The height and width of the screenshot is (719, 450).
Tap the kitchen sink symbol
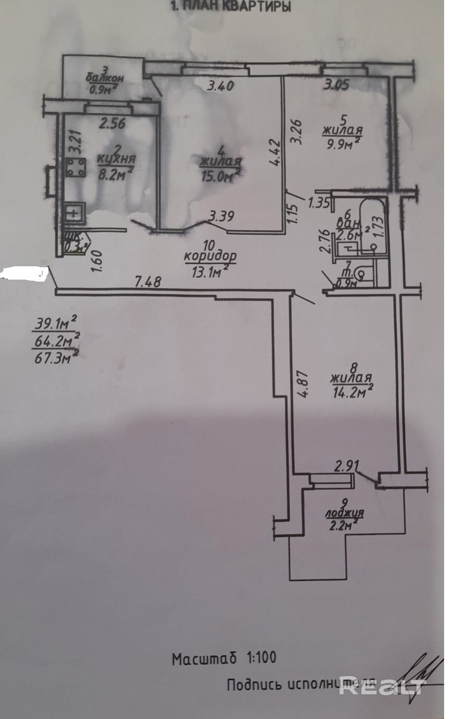pos(74,214)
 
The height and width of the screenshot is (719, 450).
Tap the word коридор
pos(210,256)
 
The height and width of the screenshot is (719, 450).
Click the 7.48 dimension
pos(148,282)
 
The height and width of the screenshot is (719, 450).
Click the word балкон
pos(104,78)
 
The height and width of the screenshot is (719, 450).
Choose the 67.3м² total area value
pos(55,356)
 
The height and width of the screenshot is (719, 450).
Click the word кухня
pos(116,159)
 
